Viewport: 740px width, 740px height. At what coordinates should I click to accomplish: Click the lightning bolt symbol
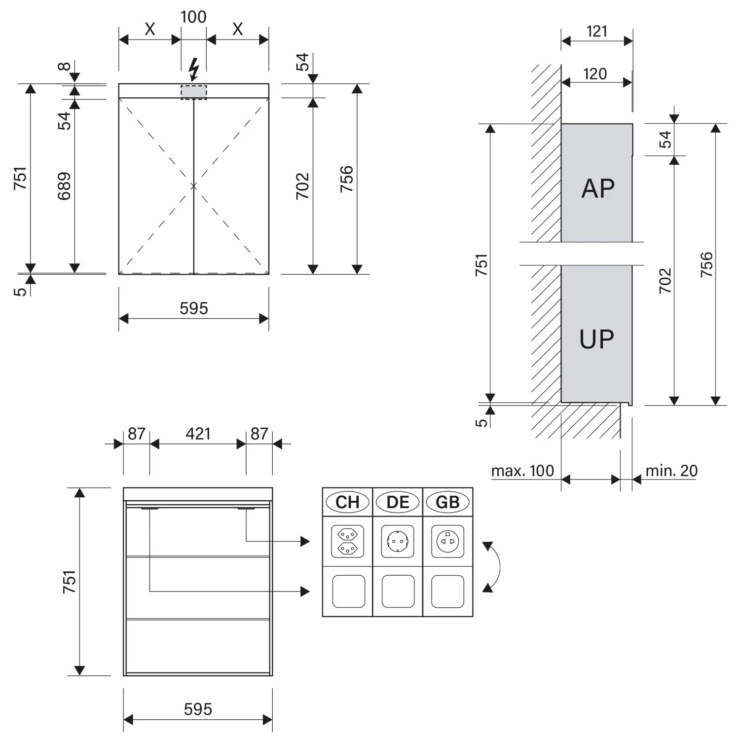[194, 69]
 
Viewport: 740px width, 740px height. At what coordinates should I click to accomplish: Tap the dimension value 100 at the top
[193, 17]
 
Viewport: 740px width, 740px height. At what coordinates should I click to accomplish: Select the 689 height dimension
[64, 186]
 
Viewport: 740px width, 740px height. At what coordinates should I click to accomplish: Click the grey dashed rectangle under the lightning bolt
[194, 92]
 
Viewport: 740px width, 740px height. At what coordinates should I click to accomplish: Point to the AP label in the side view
[598, 188]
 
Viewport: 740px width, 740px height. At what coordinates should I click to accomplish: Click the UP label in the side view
[597, 339]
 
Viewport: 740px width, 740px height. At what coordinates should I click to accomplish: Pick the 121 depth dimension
[597, 32]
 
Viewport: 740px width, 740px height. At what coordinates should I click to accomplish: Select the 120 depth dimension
[595, 74]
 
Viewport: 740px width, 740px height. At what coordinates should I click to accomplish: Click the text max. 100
[523, 471]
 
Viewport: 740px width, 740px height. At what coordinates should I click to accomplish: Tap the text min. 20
[672, 471]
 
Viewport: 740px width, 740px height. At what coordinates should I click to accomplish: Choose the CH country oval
[348, 502]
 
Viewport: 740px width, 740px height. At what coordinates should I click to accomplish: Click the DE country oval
[398, 502]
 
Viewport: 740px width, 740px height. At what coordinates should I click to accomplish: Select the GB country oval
[447, 502]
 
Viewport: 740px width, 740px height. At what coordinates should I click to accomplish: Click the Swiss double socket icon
[348, 542]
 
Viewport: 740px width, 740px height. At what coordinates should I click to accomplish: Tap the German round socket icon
[398, 542]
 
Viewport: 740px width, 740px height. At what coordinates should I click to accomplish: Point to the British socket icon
[447, 542]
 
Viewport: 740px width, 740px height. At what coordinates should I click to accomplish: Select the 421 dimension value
[198, 434]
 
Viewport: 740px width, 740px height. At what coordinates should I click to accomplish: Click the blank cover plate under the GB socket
[447, 592]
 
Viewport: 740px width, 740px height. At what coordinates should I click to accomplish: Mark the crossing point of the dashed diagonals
[193, 186]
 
